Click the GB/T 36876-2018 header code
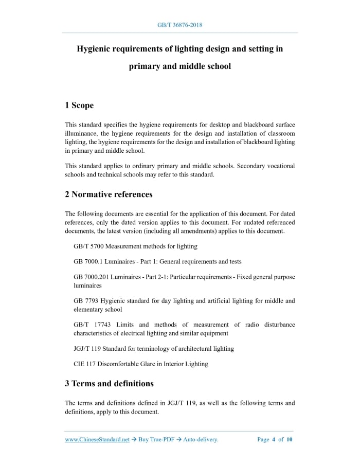(x=179, y=25)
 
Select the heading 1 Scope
(x=79, y=105)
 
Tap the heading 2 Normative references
(x=109, y=194)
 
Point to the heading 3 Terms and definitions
(x=109, y=383)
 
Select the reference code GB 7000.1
(x=88, y=262)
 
